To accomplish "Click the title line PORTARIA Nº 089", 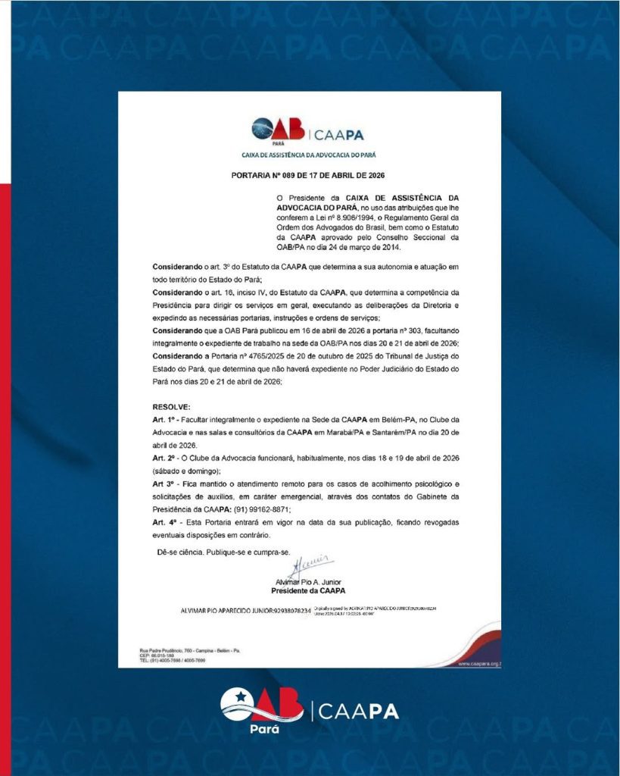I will (308, 176).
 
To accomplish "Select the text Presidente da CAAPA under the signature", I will (309, 590).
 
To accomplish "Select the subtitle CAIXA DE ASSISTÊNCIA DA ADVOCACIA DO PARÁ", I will (309, 154).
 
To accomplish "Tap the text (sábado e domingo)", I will (186, 470).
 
